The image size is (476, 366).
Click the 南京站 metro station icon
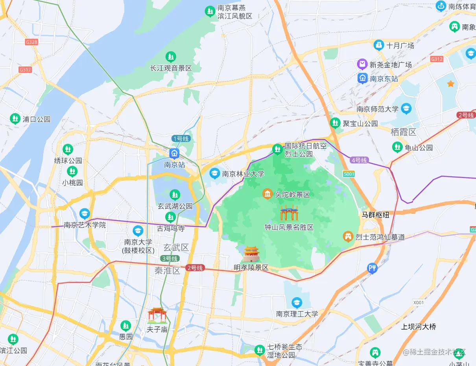pos(174,153)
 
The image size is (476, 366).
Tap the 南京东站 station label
pos(384,79)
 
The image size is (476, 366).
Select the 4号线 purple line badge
pos(359,160)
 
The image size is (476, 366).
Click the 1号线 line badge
pos(181,139)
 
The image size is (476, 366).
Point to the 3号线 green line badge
pos(170,259)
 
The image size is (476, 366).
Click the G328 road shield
pos(31,42)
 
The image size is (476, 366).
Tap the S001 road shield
pos(349,174)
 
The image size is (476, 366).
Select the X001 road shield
pos(419,302)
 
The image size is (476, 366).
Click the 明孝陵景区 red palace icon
pos(251,254)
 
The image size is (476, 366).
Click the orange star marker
pos(451,84)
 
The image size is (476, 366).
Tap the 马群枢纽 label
pos(375,215)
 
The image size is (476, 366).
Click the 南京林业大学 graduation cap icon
pos(214,173)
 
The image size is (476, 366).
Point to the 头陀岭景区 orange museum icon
pos(268,194)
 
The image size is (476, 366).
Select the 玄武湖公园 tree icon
pos(174,194)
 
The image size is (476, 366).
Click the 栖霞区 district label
pos(404,132)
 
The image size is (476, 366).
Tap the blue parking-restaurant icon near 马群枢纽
pos(372,268)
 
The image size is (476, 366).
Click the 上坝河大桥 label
pos(419,327)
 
